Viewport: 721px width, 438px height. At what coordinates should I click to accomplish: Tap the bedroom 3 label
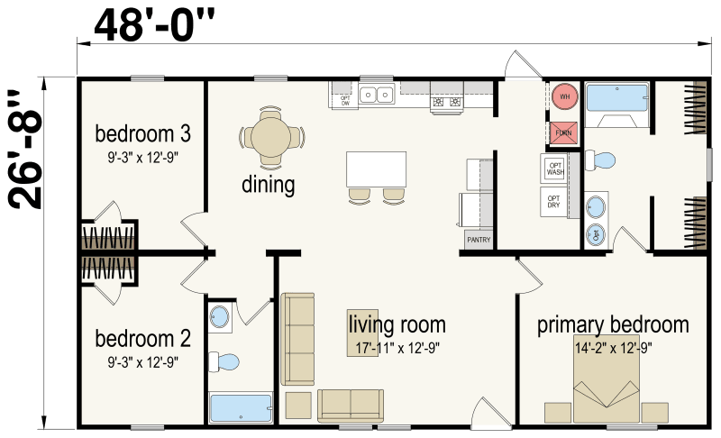click(142, 135)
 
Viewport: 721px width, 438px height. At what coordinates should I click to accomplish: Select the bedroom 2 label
click(142, 340)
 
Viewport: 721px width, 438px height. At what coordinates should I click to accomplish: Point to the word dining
click(268, 186)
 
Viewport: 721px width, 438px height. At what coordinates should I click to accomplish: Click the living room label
click(397, 324)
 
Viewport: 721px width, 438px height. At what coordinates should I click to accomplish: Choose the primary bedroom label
click(613, 324)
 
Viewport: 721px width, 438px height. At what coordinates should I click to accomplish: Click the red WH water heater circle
click(565, 96)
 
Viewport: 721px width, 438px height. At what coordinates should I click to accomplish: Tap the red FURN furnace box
click(563, 132)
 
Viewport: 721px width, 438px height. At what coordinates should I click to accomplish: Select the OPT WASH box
click(554, 169)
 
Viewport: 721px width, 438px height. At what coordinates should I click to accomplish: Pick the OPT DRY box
click(554, 201)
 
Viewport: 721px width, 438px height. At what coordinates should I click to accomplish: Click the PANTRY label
click(477, 241)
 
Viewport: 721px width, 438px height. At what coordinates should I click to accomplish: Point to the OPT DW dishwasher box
click(344, 100)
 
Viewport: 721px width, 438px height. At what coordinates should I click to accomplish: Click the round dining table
click(269, 138)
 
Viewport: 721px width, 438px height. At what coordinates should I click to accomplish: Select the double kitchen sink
click(377, 94)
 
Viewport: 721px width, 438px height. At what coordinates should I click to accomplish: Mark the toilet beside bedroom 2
click(225, 362)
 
